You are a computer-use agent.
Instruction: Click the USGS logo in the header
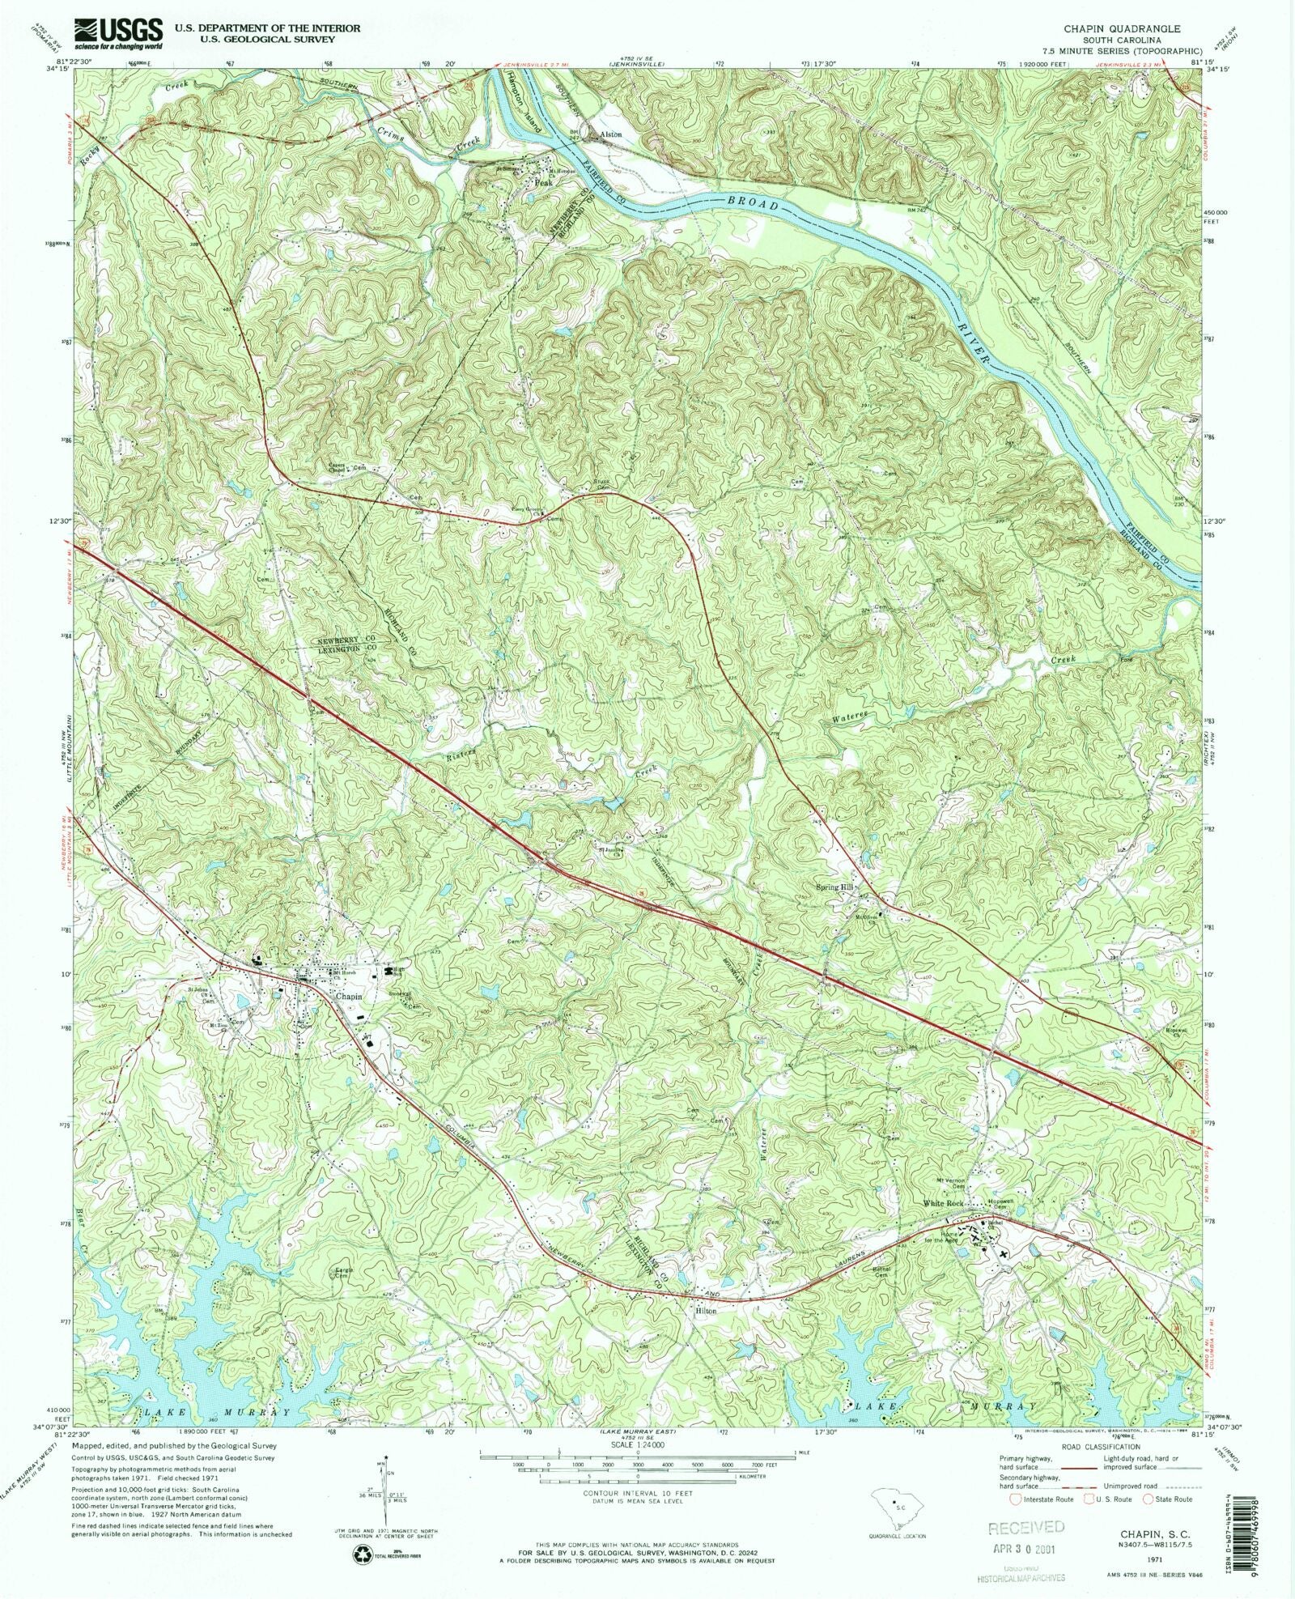click(x=119, y=30)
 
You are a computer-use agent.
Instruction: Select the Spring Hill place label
click(x=835, y=887)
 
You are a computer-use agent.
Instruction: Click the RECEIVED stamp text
click(x=1026, y=1527)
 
